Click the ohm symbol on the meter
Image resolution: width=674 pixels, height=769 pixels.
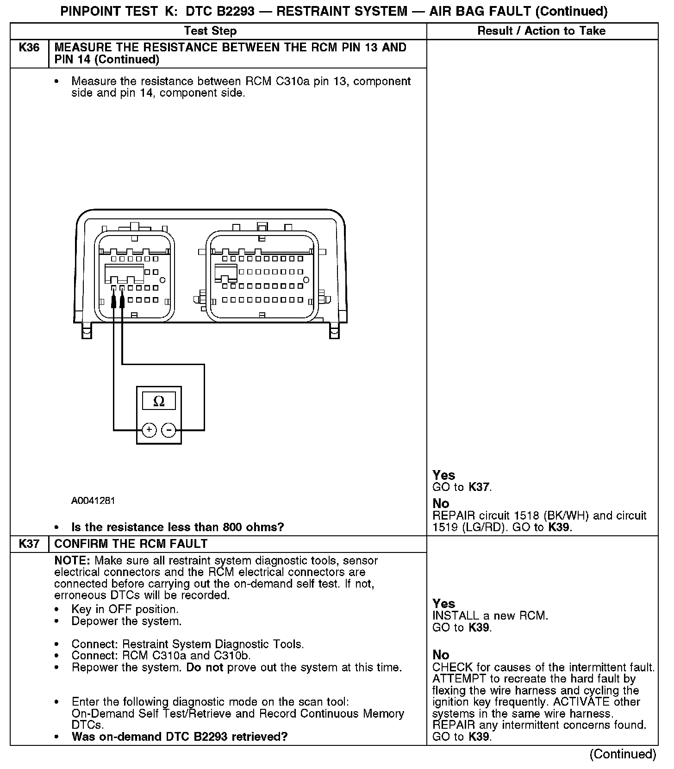click(158, 401)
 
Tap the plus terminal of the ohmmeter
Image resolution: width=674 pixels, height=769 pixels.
click(149, 430)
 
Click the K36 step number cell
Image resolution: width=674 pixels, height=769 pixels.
click(29, 48)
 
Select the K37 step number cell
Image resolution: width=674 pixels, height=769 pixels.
click(29, 544)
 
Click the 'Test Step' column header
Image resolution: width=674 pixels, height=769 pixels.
click(210, 31)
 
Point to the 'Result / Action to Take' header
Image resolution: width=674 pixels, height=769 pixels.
click(541, 31)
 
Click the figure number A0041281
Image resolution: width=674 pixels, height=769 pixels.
click(93, 501)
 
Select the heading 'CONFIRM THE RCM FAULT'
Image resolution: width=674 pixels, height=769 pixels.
click(131, 544)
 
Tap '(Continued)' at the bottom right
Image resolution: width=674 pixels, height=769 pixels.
click(623, 754)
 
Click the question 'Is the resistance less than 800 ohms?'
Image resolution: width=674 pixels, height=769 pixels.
click(177, 527)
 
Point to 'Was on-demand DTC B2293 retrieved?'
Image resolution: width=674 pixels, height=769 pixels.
click(180, 736)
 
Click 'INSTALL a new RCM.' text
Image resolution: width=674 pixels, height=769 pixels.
click(490, 616)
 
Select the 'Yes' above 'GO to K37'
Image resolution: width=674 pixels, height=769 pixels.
click(444, 475)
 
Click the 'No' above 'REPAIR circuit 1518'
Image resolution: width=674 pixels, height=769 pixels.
click(441, 503)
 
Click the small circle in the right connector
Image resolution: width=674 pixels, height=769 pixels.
click(306, 280)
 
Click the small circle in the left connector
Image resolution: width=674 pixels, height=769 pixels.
click(162, 280)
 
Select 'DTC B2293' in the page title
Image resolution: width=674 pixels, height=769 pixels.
click(220, 11)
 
